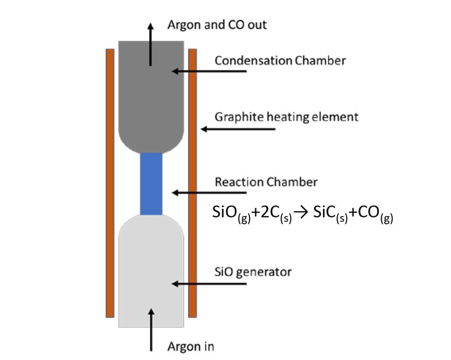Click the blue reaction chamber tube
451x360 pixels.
click(x=151, y=184)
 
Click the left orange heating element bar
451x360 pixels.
click(x=110, y=183)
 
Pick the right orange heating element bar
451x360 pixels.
click(x=193, y=183)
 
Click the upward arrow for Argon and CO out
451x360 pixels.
click(x=150, y=45)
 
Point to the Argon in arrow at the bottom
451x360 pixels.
click(x=151, y=330)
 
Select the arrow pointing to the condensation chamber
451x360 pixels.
click(x=209, y=71)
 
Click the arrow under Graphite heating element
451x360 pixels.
click(x=238, y=129)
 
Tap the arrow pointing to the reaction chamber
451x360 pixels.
click(x=209, y=193)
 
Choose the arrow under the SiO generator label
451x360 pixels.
click(x=209, y=284)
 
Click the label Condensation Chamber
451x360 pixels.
click(x=280, y=61)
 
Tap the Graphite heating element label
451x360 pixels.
click(x=286, y=117)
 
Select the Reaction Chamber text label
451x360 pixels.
click(x=266, y=182)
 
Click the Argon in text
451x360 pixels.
click(x=191, y=347)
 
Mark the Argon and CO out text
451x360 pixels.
click(x=217, y=25)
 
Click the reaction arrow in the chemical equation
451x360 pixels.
click(x=301, y=213)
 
